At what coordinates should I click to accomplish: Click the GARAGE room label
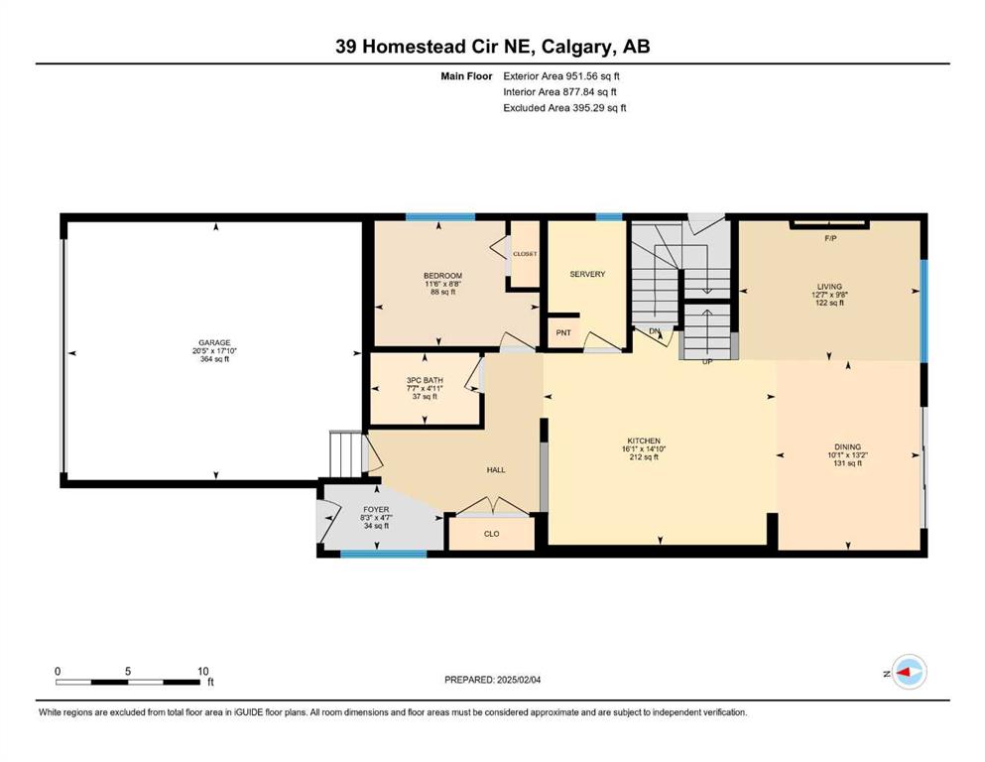(x=215, y=343)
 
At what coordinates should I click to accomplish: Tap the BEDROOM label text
(x=442, y=276)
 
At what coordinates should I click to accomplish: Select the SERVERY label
(x=587, y=274)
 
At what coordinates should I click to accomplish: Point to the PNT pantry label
(x=563, y=332)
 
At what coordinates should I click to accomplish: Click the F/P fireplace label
(x=830, y=239)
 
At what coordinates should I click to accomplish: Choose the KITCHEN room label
(x=644, y=441)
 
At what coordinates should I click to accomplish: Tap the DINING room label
(x=847, y=447)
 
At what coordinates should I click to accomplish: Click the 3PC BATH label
(x=425, y=380)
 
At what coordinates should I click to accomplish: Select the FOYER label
(x=376, y=509)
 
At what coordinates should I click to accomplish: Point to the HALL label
(x=496, y=470)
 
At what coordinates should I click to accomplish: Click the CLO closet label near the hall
(x=491, y=534)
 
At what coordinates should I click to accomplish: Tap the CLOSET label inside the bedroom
(x=525, y=254)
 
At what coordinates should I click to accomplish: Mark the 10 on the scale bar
(x=202, y=671)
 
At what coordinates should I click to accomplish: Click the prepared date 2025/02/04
(x=518, y=680)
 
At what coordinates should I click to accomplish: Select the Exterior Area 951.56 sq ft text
(x=561, y=76)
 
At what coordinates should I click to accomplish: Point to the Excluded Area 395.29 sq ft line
(x=564, y=107)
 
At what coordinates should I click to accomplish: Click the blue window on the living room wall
(x=924, y=311)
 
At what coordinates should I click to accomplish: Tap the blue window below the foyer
(x=384, y=554)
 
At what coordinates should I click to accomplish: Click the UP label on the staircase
(x=707, y=362)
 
